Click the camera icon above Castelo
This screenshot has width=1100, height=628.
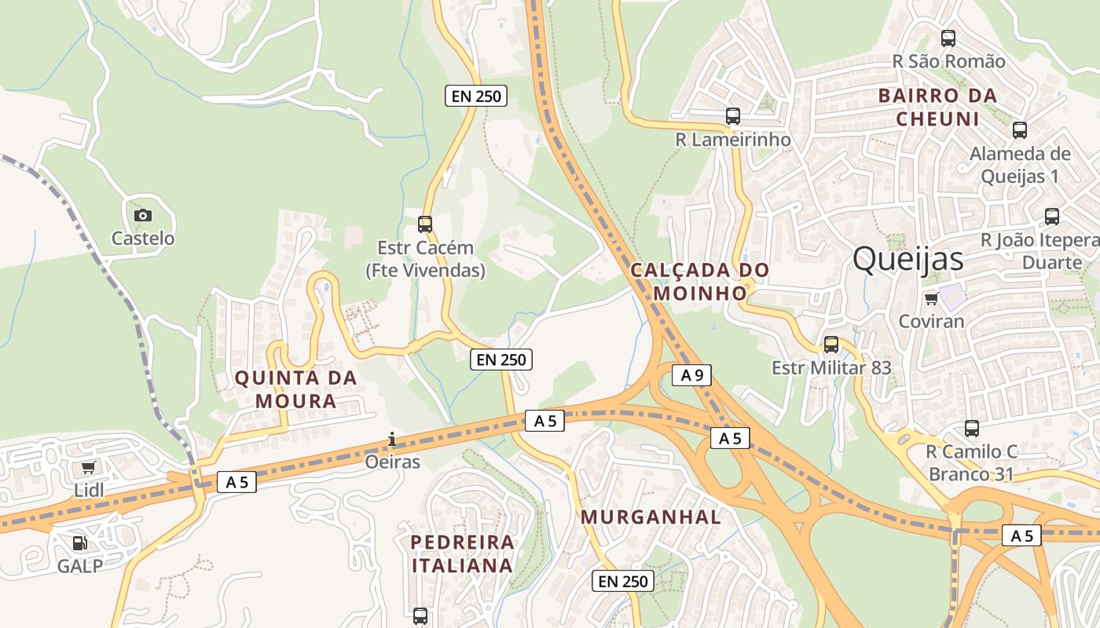[142, 215]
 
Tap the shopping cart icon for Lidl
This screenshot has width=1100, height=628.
[89, 468]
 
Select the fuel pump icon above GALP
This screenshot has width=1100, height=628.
[79, 542]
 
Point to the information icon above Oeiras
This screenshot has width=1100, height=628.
[392, 439]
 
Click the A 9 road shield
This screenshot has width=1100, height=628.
[691, 375]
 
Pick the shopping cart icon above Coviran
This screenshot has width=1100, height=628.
[931, 298]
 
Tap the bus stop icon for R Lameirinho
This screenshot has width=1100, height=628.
[733, 116]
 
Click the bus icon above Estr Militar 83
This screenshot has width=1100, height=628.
[831, 344]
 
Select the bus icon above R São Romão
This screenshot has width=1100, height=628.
[948, 38]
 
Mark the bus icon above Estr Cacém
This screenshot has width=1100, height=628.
[425, 225]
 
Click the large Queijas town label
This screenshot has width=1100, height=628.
[907, 258]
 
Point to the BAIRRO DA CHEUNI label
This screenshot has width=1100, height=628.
[937, 108]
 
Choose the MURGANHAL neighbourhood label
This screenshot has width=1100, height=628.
[651, 517]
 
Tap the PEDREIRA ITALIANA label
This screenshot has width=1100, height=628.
[463, 553]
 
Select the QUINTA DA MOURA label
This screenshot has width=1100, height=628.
[295, 389]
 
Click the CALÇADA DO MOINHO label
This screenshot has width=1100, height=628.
[699, 281]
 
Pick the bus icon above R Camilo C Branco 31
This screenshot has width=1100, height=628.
[972, 429]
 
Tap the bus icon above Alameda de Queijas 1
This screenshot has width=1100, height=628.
[1020, 130]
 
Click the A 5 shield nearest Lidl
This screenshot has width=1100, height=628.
[236, 482]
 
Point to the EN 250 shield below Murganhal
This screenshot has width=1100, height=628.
[622, 581]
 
